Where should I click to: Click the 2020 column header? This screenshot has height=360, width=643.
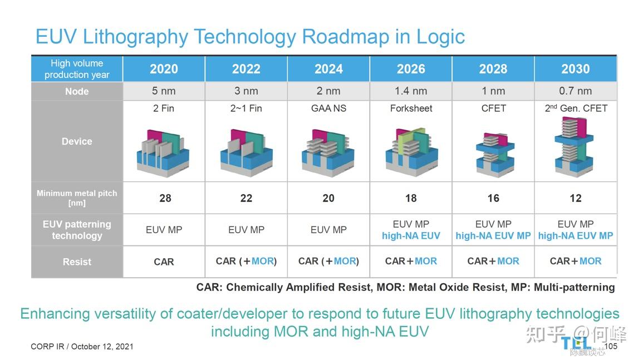coord(164,69)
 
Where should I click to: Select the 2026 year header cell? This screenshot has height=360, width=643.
coord(411,69)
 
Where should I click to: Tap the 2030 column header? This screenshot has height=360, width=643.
coord(575,69)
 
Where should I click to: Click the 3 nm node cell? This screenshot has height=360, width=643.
coord(246,91)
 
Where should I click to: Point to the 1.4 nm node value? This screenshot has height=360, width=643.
coord(411,91)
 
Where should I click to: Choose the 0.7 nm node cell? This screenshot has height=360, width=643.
coord(575,91)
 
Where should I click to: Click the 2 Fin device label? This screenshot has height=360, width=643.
coord(164,109)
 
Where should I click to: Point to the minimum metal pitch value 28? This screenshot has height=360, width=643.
coord(165,198)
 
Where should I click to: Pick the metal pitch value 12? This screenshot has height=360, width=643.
coord(575,198)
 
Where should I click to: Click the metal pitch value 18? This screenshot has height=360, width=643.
coord(411,198)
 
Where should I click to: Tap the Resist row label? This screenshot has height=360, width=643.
coord(77,262)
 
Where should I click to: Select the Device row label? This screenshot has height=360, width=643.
coord(77,141)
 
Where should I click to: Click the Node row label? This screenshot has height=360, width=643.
coord(77,91)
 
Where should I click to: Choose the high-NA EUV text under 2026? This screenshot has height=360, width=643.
coord(411,236)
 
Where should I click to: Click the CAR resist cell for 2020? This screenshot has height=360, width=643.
coord(164,262)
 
